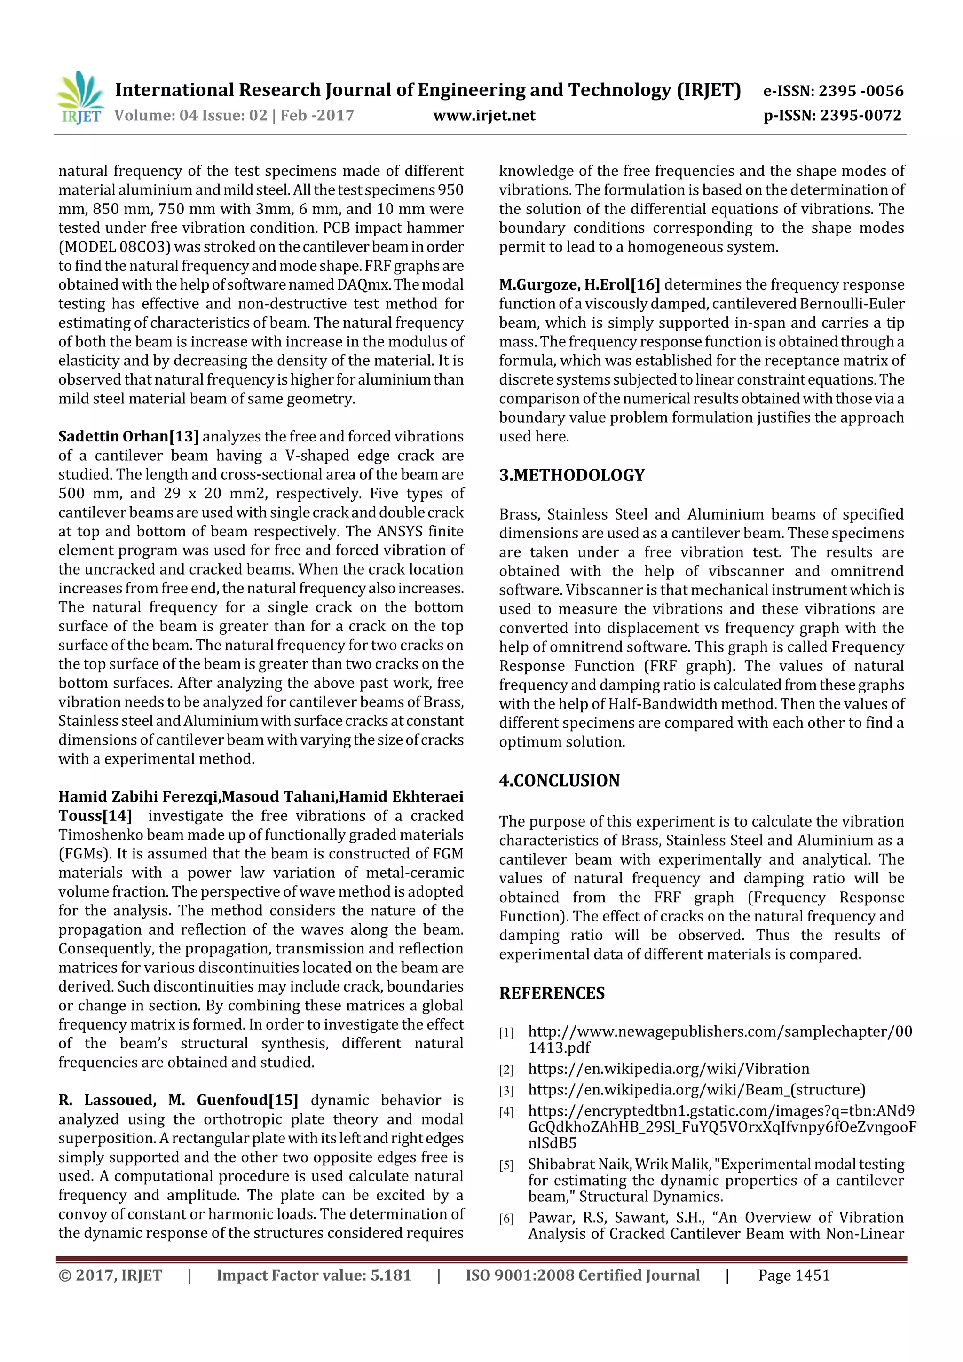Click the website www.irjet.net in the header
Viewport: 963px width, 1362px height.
point(484,116)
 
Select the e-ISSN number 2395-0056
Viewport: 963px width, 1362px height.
point(861,91)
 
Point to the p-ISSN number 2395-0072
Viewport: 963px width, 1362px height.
point(860,116)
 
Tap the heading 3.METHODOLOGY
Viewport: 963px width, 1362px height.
point(571,475)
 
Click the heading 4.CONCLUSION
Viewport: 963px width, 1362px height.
point(559,780)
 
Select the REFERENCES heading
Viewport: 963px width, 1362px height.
point(552,993)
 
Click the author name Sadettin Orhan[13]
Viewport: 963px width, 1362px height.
point(129,437)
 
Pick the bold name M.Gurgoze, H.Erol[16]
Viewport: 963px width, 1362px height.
point(579,285)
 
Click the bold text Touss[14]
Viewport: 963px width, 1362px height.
point(95,816)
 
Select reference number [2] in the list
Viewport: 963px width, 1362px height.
point(506,1070)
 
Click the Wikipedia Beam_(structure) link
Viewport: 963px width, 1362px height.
point(696,1090)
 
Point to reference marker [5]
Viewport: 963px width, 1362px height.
point(506,1165)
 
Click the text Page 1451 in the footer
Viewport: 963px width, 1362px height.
point(794,1275)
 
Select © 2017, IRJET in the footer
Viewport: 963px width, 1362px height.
point(111,1275)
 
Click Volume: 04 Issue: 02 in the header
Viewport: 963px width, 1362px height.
point(190,116)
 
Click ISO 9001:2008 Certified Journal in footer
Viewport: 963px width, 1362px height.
point(583,1275)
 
